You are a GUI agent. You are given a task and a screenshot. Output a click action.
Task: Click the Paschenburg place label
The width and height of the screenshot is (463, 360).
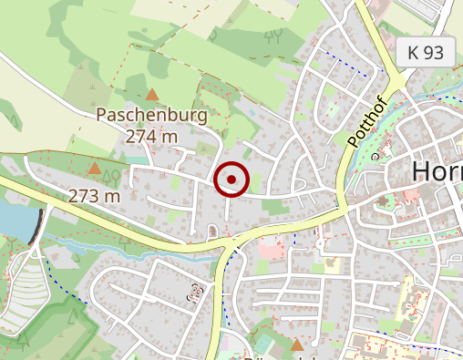151,116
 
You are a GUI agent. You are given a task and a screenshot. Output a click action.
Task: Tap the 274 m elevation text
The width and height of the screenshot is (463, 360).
151,136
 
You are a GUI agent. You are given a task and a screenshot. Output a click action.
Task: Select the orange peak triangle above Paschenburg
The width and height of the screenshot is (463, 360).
151,94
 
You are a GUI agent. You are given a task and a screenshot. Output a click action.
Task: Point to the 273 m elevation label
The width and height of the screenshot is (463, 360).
94,196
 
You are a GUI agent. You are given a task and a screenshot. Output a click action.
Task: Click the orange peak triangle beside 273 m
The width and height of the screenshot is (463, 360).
94,168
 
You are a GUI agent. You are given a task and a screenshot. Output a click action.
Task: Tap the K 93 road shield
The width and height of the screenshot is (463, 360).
426,53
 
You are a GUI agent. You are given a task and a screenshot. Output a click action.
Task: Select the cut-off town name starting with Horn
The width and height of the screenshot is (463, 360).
437,170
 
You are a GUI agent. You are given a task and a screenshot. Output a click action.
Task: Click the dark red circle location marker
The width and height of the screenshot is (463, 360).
231,180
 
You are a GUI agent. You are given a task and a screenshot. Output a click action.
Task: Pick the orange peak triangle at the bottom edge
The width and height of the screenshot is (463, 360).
296,345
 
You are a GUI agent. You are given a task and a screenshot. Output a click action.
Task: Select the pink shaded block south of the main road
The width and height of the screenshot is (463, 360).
271,247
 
